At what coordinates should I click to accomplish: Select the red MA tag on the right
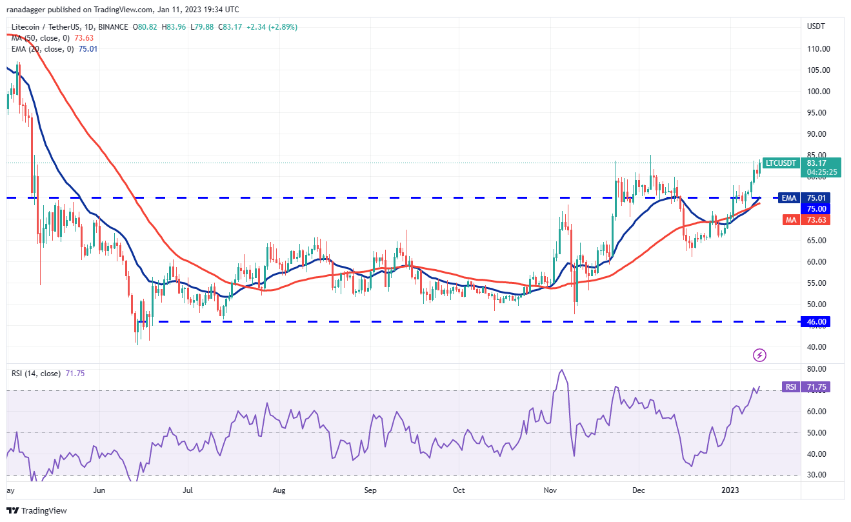[790, 220]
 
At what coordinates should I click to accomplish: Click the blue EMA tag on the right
[789, 198]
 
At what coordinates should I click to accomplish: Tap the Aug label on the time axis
[279, 490]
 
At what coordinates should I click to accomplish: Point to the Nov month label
[550, 490]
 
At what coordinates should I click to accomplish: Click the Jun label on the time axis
[99, 490]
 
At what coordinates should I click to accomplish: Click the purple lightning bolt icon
[760, 355]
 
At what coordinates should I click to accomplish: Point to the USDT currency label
[815, 26]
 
